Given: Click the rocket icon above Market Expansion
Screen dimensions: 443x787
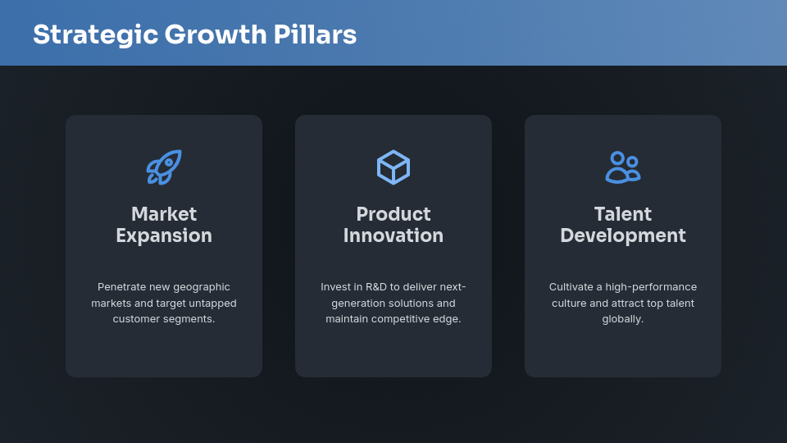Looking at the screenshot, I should [164, 167].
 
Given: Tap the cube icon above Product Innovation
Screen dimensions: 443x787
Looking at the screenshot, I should [393, 167].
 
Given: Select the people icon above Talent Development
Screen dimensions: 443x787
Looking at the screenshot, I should [623, 167].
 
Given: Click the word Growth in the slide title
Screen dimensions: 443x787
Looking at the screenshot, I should [216, 35].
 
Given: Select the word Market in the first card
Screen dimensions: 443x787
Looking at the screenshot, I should [164, 214].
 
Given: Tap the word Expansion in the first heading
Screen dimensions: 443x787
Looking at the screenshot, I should [164, 235].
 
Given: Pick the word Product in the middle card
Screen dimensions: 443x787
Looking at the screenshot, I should [393, 214].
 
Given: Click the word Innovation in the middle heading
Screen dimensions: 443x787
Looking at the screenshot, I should [393, 235].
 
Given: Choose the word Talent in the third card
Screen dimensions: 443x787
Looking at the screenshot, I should [623, 214].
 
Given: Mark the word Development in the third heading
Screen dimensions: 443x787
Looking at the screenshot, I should [623, 235].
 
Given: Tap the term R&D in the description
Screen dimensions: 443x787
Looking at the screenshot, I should [375, 287].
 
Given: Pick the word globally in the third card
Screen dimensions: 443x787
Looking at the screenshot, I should [623, 318].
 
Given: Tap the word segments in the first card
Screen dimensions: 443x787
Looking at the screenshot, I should [192, 318].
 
